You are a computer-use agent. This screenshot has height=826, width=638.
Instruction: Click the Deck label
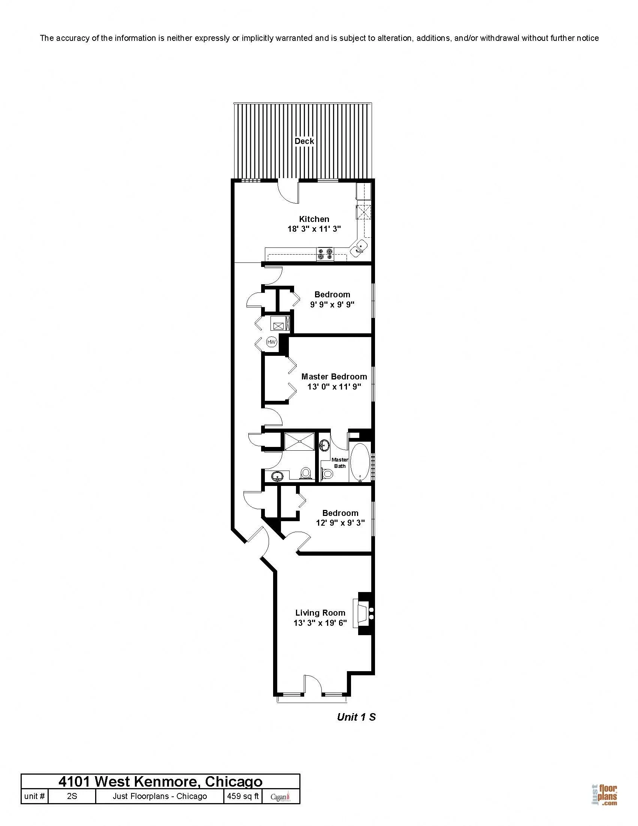pyautogui.click(x=304, y=141)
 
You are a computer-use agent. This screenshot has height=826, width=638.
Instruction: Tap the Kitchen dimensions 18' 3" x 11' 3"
pyautogui.click(x=314, y=229)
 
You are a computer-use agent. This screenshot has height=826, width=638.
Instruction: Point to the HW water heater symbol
pyautogui.click(x=271, y=342)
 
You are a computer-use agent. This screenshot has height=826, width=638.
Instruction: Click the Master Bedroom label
pyautogui.click(x=334, y=377)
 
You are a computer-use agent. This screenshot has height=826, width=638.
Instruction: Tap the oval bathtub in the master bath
pyautogui.click(x=360, y=462)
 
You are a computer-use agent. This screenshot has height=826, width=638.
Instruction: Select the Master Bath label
pyautogui.click(x=340, y=463)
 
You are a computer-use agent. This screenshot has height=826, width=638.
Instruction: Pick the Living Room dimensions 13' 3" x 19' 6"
pyautogui.click(x=320, y=623)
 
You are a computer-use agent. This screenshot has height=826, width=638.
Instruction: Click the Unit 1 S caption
pyautogui.click(x=356, y=717)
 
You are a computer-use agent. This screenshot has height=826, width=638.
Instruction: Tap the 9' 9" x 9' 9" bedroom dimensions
pyautogui.click(x=332, y=304)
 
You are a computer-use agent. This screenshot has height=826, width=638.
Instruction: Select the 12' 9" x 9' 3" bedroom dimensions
pyautogui.click(x=340, y=523)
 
